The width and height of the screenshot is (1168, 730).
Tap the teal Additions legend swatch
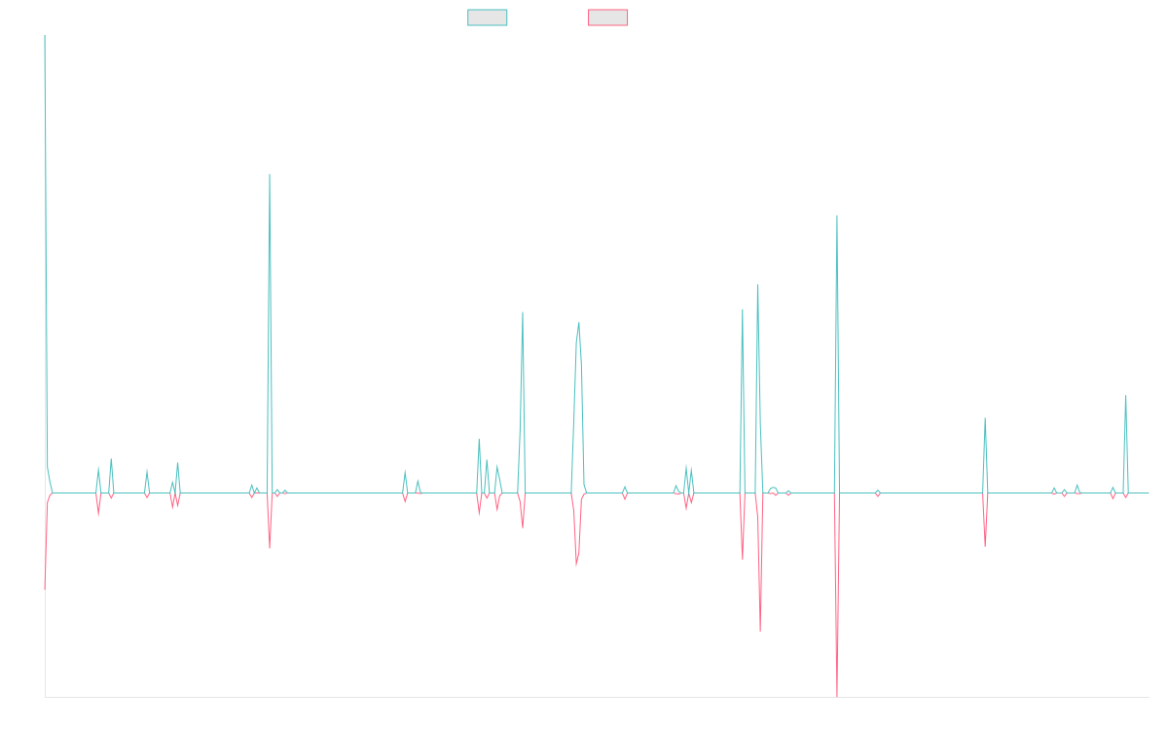[488, 18]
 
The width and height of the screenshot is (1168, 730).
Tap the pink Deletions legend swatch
[608, 18]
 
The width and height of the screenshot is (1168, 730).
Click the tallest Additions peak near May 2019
[270, 174]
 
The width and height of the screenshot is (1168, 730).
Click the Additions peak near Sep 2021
[579, 323]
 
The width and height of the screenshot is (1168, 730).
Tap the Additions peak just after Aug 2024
[985, 420]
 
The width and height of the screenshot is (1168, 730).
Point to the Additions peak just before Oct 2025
[1125, 396]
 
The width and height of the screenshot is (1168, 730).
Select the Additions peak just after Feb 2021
[523, 312]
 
